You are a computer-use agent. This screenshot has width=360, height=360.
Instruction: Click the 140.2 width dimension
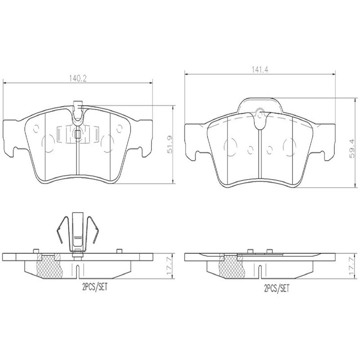click(78, 79)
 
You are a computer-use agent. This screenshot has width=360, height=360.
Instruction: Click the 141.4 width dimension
click(260, 70)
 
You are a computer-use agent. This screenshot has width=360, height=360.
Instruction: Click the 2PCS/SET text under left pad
click(95, 287)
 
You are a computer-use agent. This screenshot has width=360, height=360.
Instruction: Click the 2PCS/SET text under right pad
click(277, 288)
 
